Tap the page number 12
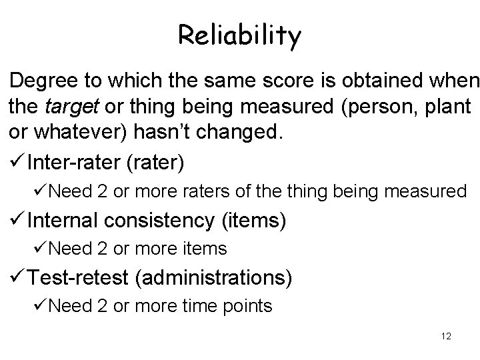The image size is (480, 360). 446,336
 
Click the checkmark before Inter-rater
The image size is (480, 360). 18,161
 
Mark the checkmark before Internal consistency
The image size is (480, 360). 18,220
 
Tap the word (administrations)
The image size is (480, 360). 213,277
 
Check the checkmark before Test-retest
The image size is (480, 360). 18,277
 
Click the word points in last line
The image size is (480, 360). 247,307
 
